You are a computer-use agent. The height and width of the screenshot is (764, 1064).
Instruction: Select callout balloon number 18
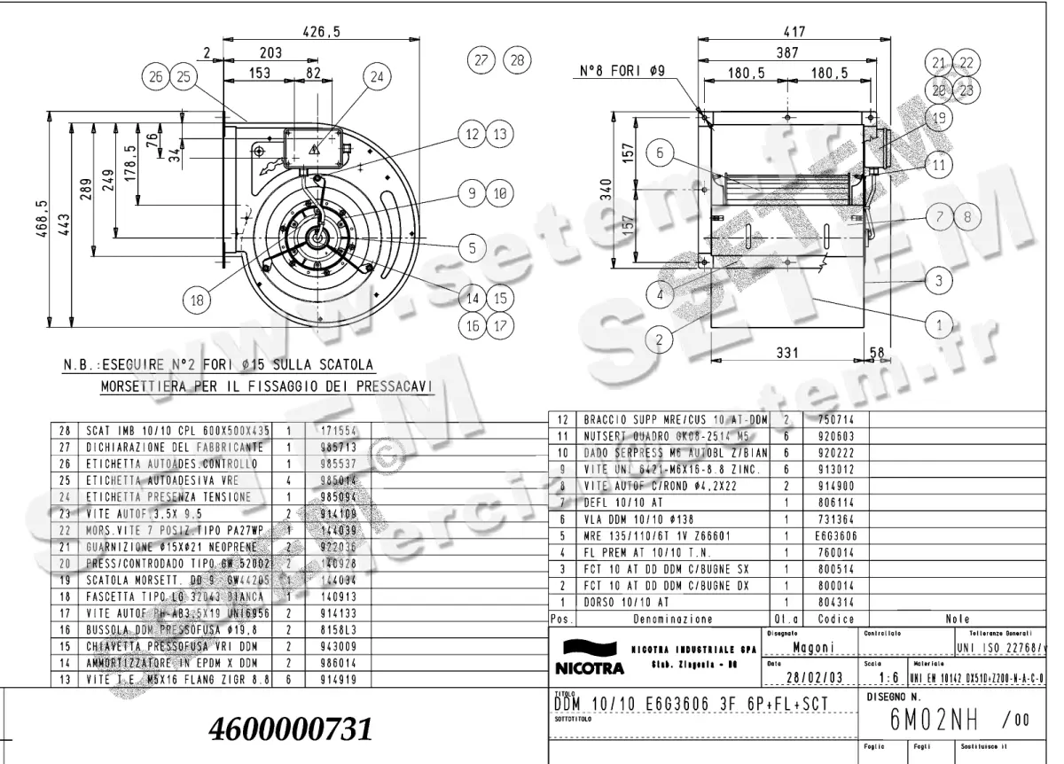point(199,300)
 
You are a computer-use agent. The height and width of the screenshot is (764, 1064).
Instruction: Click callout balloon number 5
point(473,248)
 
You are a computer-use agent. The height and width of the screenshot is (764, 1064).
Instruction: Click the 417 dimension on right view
point(795,32)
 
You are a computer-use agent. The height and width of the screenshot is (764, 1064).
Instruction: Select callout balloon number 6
point(660,153)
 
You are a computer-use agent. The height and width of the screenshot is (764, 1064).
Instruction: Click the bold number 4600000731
point(289,729)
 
